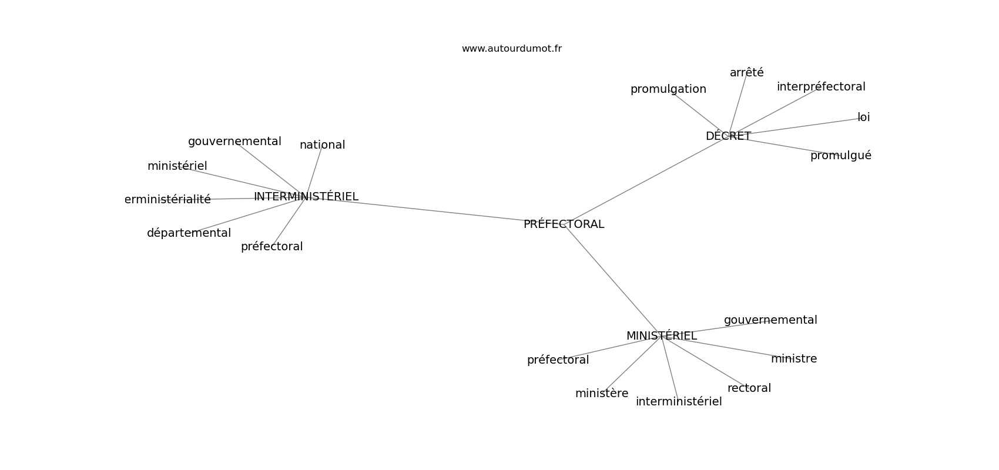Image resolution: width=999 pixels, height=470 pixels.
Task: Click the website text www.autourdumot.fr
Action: point(511,49)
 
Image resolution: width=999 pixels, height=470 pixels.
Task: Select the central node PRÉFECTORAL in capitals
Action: point(564,224)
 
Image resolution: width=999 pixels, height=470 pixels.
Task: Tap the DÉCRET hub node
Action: point(728,136)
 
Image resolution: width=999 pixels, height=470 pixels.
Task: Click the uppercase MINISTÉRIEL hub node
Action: point(661,335)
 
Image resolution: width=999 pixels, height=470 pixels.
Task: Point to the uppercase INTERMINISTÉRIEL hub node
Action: point(306,196)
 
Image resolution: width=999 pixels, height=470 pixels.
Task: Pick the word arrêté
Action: point(746,72)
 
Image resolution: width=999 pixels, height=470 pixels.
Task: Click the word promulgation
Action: point(668,89)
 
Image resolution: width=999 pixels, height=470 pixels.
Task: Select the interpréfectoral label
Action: point(821,86)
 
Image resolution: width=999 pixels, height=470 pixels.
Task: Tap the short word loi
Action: point(863,117)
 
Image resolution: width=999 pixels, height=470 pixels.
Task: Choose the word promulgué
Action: point(841,155)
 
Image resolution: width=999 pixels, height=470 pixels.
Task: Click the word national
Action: point(323,145)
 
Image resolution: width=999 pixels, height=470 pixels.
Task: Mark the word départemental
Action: point(189,233)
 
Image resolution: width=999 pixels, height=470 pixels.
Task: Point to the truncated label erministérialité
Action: point(167,199)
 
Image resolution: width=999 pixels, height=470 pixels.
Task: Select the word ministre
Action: point(794,358)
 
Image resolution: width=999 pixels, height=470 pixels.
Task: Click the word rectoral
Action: point(749,388)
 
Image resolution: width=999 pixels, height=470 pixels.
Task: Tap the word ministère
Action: point(602,393)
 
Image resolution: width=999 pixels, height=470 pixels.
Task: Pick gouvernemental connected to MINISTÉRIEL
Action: point(770,320)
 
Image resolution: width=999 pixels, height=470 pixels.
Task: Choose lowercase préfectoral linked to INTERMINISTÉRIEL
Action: point(271,246)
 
